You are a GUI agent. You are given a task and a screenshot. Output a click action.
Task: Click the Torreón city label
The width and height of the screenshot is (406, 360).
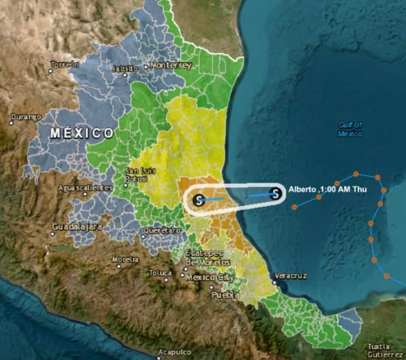click(65, 65)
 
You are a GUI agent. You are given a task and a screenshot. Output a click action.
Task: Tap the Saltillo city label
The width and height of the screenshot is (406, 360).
click(125, 68)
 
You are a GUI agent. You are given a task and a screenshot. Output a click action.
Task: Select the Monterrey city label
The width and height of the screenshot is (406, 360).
click(171, 65)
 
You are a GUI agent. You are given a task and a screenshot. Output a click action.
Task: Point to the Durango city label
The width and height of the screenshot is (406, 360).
click(27, 116)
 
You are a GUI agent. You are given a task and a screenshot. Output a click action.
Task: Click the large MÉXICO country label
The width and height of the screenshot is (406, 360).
click(82, 133)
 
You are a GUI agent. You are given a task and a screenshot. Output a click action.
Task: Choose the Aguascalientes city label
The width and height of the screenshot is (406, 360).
click(86, 188)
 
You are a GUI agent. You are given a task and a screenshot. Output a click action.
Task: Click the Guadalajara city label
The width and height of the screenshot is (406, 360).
click(77, 227)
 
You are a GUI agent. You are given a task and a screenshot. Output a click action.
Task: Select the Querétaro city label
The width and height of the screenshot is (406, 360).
click(162, 230)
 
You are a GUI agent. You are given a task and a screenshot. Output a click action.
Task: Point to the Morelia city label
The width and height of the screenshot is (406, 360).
click(125, 260)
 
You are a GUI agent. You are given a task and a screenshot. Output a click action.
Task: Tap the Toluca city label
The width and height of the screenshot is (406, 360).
click(161, 273)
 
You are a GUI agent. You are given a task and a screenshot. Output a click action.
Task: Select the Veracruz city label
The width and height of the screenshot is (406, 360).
click(291, 276)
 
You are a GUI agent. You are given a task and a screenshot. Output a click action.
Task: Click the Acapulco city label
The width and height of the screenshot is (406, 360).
click(175, 352)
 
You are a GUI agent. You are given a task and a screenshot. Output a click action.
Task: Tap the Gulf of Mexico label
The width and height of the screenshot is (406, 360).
click(350, 129)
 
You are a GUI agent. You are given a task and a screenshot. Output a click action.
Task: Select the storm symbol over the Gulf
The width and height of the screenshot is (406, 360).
click(275, 194)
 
